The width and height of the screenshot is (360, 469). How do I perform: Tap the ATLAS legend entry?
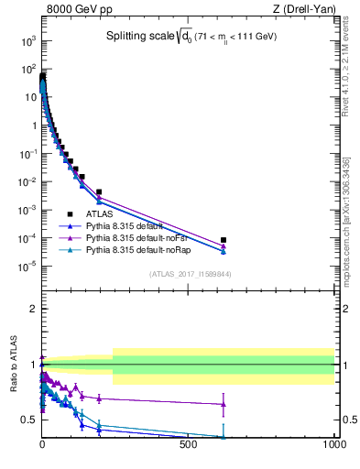(111, 213)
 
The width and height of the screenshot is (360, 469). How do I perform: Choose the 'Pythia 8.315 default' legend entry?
(136, 225)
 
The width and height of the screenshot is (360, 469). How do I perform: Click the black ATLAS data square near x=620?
(224, 240)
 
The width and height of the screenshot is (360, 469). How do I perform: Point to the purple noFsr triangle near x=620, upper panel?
(224, 245)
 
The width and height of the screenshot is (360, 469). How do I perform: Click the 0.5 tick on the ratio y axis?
(28, 420)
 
